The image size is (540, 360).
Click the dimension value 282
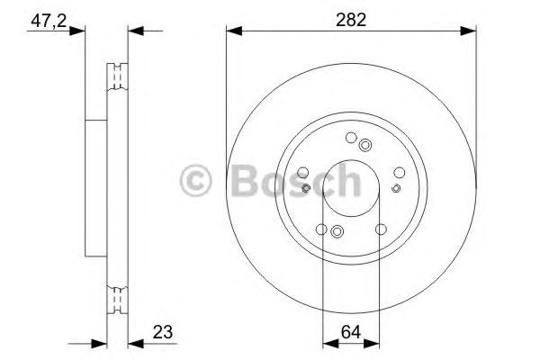point(352,20)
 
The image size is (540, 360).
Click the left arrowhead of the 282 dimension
point(232,32)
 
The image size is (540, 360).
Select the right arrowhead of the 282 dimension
point(470,32)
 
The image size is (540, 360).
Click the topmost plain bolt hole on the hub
point(350,138)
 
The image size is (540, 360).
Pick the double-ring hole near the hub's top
point(364,145)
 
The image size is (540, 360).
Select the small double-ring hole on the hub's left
point(307,188)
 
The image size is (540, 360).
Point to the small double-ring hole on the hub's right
point(396,188)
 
